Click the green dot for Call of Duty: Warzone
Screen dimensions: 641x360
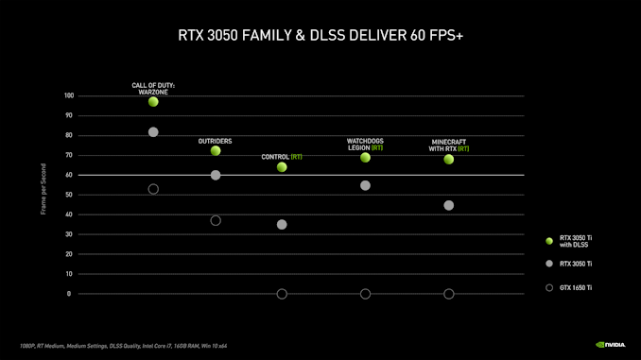click(153, 101)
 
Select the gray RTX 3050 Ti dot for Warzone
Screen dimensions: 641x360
click(153, 132)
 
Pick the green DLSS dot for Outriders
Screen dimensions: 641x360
click(216, 151)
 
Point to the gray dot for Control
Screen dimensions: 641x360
click(282, 224)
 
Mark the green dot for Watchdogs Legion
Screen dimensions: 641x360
click(366, 157)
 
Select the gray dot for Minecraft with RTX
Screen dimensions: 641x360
click(449, 205)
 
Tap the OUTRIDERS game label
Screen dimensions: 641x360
click(215, 141)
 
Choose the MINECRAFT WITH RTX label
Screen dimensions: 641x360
click(449, 146)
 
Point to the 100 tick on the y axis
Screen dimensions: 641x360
click(69, 95)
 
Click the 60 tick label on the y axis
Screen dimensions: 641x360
click(69, 175)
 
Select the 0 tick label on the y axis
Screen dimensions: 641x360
click(69, 294)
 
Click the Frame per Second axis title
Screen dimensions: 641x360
click(43, 189)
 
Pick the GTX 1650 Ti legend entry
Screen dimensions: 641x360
click(568, 287)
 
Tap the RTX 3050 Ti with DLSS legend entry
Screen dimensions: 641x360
click(568, 241)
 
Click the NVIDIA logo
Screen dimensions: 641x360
click(611, 345)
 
